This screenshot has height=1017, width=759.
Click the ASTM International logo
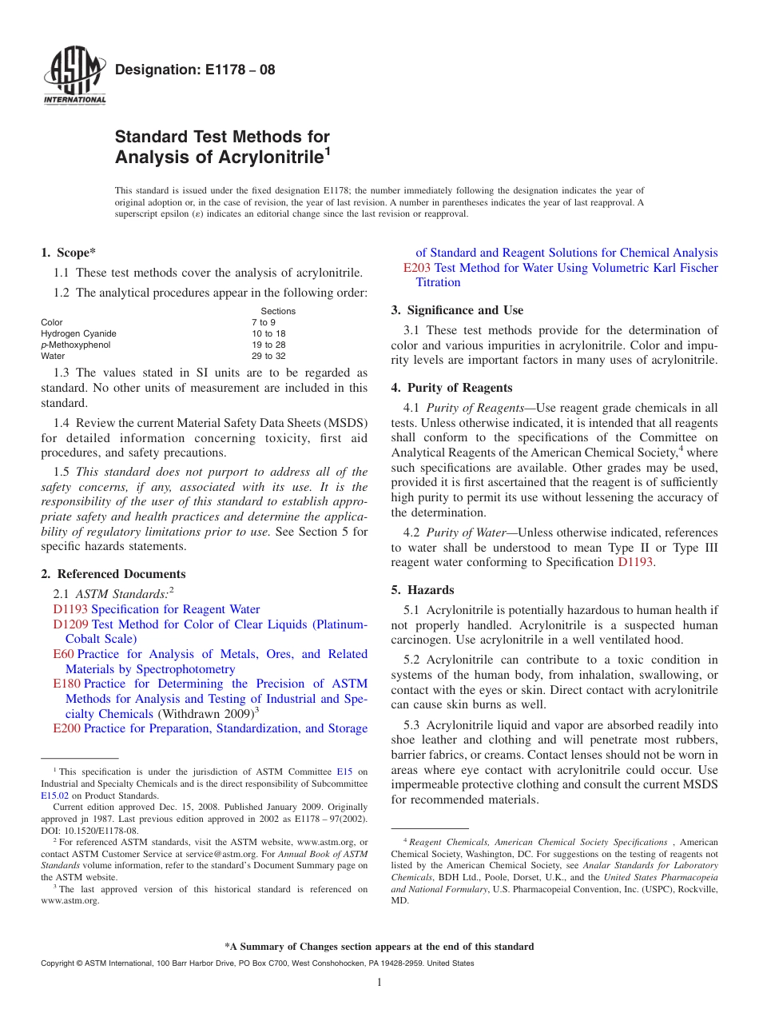[x=74, y=77]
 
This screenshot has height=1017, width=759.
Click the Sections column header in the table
[x=278, y=311]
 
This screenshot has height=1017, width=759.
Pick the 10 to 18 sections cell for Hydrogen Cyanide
[x=268, y=333]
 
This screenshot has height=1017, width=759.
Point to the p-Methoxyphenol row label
[x=76, y=345]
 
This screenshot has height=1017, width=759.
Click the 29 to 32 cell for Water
[x=268, y=356]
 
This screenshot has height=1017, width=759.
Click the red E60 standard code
[x=63, y=654]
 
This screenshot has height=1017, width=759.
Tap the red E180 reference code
[x=66, y=684]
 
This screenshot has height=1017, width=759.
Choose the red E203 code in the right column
[x=417, y=268]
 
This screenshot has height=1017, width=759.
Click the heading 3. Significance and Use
[x=457, y=310]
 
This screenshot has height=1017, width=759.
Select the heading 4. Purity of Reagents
[x=451, y=388]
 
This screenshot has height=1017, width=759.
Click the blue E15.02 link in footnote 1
[x=54, y=796]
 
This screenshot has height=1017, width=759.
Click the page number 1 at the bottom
[x=379, y=983]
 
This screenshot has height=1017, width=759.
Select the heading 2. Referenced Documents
[x=113, y=574]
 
